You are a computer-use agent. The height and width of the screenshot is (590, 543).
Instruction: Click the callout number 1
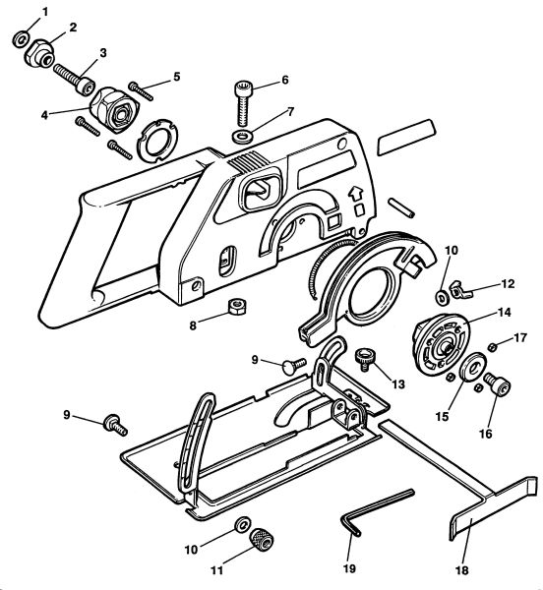[45, 12]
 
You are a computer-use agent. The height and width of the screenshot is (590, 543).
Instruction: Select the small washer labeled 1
[21, 38]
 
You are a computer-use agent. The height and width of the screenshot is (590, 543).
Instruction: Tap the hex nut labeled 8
[238, 307]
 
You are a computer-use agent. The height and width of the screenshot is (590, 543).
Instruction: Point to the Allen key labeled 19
[378, 510]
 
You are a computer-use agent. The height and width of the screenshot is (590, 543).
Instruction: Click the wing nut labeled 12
[459, 290]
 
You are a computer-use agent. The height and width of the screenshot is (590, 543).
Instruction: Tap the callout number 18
[462, 569]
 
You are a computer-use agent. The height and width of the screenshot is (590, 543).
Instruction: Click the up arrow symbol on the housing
[354, 194]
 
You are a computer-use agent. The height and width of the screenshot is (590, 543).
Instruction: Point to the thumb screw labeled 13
[364, 359]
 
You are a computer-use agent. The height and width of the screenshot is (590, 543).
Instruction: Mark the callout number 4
[44, 115]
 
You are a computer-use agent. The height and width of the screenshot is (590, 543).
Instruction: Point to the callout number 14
[504, 312]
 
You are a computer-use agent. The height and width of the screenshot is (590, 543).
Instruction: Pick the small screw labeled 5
[141, 91]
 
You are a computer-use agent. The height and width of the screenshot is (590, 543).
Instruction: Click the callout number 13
[397, 384]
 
